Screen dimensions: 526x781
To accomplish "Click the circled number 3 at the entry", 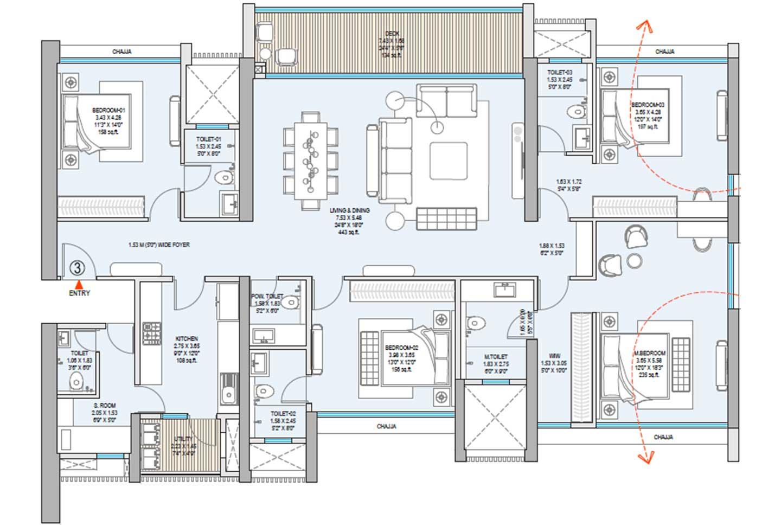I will pyautogui.click(x=78, y=268).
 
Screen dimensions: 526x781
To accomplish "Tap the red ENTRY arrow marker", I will pyautogui.click(x=79, y=284).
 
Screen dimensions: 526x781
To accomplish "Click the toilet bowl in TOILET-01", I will pyautogui.click(x=224, y=177).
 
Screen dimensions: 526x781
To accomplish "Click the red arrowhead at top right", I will pyautogui.click(x=644, y=25).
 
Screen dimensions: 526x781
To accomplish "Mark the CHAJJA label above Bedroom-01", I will pyautogui.click(x=122, y=52).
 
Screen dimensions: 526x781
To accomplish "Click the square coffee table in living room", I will pyautogui.click(x=448, y=161).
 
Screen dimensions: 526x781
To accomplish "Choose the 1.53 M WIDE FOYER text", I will pyautogui.click(x=159, y=245).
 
